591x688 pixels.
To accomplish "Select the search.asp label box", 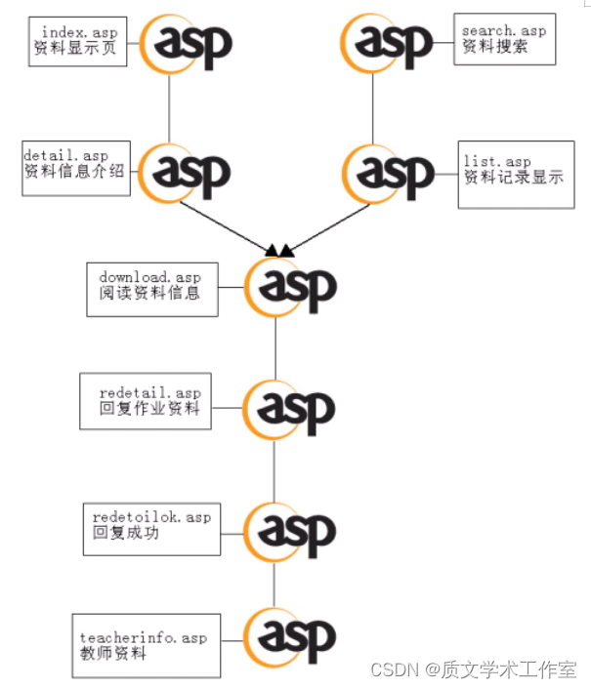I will coord(504,39).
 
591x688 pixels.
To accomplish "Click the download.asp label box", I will coord(151,288).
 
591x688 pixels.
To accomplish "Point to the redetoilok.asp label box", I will coord(147,526).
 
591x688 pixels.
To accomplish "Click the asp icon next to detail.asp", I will coord(186,172).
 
